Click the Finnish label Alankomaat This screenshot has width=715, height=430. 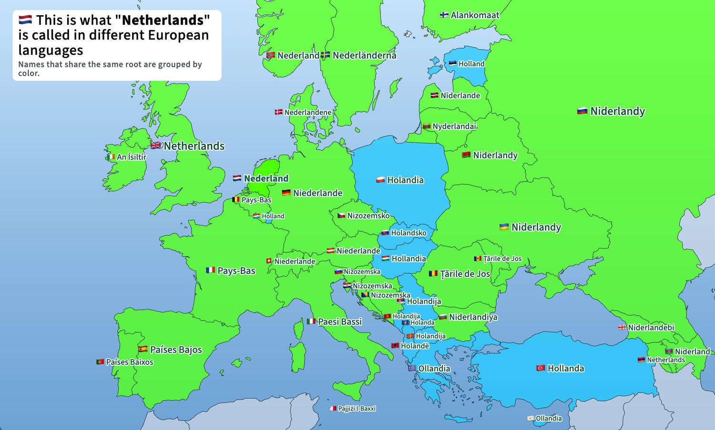point(475,15)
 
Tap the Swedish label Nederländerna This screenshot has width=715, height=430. point(364,55)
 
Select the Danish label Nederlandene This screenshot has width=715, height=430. point(307,112)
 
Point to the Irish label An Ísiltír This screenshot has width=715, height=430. point(132,157)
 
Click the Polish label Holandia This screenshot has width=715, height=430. point(405,180)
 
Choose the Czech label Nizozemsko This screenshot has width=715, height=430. point(368,216)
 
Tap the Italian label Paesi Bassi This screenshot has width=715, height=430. point(340,322)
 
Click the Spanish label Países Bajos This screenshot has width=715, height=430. point(176,350)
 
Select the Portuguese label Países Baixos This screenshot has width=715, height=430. point(130,362)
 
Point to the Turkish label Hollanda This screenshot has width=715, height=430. point(565,368)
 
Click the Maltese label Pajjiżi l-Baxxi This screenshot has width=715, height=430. point(357,409)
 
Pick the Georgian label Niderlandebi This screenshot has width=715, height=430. point(651,328)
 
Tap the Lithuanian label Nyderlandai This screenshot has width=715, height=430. point(454,126)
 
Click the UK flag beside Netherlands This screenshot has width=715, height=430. point(156,146)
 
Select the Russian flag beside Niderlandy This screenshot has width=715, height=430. point(582,111)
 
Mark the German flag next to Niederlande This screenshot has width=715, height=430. point(286,193)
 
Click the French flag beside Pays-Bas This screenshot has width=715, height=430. point(210,270)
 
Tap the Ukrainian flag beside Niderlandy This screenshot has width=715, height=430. point(504,227)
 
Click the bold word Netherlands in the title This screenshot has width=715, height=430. point(163,20)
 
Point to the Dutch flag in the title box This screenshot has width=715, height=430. point(25,20)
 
